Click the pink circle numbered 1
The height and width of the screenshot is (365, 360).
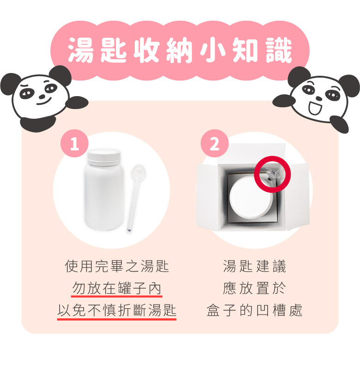(x=74, y=143)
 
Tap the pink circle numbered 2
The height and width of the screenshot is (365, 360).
(x=215, y=143)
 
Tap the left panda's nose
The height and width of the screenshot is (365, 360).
(x=42, y=96)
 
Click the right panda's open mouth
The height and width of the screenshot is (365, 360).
(x=315, y=107)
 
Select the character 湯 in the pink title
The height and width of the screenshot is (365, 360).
(x=81, y=50)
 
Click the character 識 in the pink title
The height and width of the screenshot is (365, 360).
(x=279, y=50)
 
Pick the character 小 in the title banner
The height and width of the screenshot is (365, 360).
(x=213, y=50)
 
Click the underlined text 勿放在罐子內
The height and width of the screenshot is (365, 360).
(x=117, y=288)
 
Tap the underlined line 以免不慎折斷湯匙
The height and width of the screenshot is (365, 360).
(x=117, y=310)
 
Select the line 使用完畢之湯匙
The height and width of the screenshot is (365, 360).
(x=117, y=266)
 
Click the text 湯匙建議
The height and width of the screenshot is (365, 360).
(x=254, y=266)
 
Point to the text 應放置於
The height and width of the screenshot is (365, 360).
(x=254, y=288)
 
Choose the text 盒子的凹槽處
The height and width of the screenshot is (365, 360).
(x=254, y=310)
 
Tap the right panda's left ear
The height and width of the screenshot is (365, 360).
(x=298, y=76)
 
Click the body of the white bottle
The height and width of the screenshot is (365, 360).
(x=104, y=197)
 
